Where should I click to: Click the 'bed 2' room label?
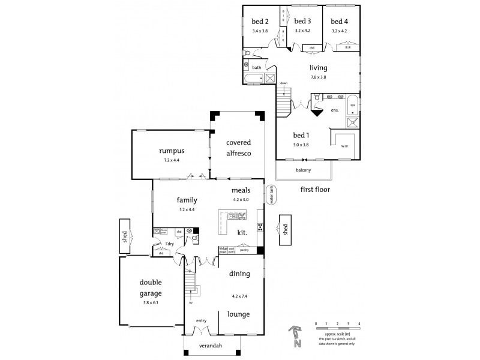point(260,22)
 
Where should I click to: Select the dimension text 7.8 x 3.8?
point(318,77)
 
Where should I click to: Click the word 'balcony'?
point(303,170)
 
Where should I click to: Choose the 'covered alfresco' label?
point(238,148)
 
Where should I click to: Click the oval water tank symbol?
point(271,195)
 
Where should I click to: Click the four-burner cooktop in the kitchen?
point(260,227)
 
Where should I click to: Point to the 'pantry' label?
point(244,250)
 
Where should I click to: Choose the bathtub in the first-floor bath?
point(254,79)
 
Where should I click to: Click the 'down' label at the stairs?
point(284,83)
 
